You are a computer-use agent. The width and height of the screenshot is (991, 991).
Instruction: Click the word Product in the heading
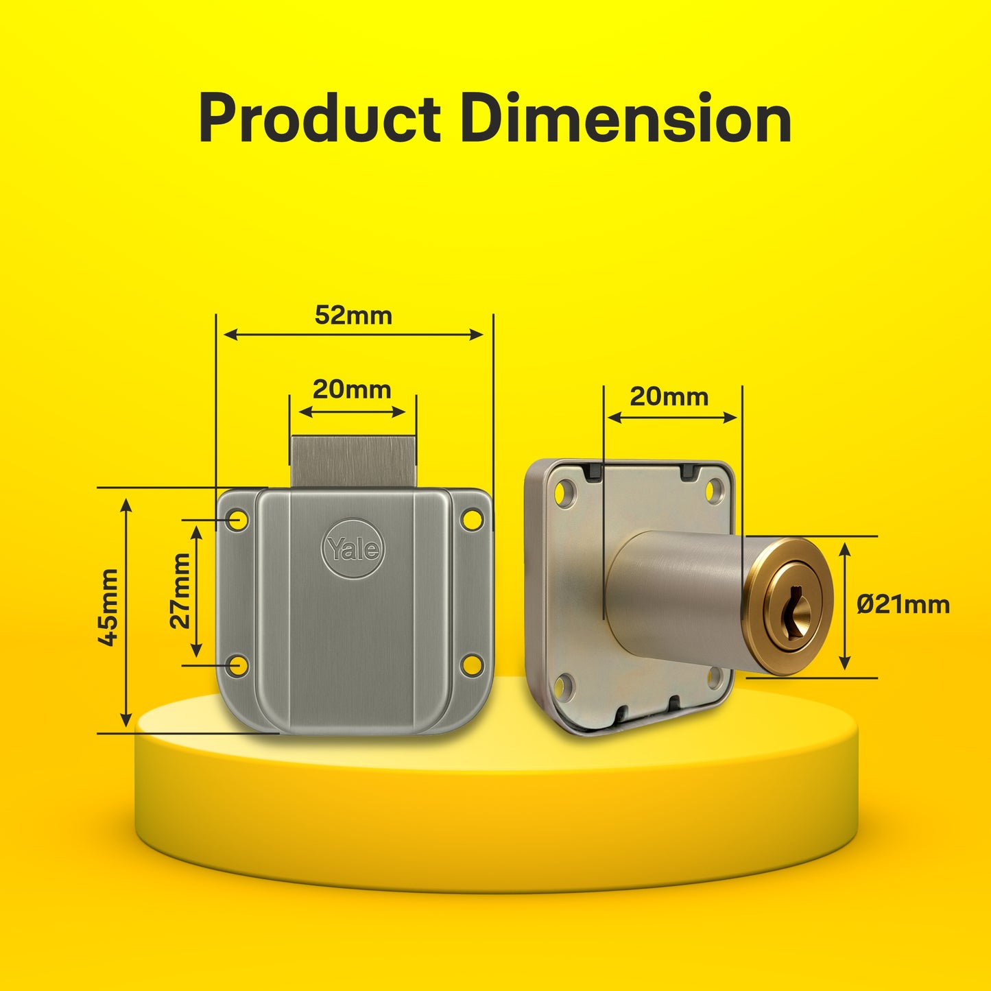(319, 119)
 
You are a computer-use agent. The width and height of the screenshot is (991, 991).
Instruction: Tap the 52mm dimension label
(353, 315)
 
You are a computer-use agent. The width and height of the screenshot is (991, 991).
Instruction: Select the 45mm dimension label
(108, 607)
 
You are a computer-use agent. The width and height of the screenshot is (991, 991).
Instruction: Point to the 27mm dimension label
(180, 591)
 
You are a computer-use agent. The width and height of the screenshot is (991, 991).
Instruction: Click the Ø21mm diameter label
(903, 605)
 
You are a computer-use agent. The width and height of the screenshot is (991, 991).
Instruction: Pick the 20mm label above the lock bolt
(352, 390)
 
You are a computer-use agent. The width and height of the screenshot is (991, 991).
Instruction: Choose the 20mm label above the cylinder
(669, 397)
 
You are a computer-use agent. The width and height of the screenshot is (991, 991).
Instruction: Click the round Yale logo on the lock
(353, 548)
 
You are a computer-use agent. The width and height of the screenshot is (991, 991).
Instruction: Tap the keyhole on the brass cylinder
(793, 607)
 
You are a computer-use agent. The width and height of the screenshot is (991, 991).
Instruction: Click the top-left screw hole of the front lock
(238, 520)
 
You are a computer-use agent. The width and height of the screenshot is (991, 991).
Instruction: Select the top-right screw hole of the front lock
(471, 519)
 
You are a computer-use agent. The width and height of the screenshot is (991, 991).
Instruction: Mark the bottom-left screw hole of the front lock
(238, 665)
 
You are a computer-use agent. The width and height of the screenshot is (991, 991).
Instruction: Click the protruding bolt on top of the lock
(353, 461)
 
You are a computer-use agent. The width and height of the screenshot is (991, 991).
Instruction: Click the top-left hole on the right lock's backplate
(565, 492)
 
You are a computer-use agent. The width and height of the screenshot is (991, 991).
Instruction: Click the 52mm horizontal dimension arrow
(353, 335)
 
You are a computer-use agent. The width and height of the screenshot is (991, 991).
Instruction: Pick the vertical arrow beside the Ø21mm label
(845, 606)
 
